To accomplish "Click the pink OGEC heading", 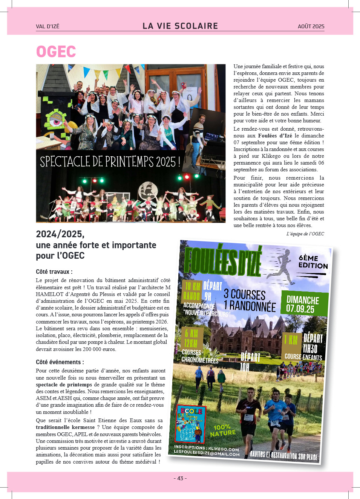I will (56, 52).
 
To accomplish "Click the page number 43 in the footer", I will (180, 478).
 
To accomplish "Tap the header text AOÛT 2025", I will (311, 26).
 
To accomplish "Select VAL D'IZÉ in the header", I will (47, 26).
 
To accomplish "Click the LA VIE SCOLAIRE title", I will (180, 26).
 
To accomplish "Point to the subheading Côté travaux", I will (54, 272).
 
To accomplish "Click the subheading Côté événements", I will (60, 362).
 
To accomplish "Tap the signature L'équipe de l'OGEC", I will (305, 233).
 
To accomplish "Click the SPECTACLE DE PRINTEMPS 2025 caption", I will (110, 162).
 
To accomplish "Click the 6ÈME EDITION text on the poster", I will (313, 262).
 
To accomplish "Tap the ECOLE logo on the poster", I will (191, 424).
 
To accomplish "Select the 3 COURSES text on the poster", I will (244, 294).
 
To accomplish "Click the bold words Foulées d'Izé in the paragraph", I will (275, 136).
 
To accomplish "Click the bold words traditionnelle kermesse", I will (65, 427).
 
